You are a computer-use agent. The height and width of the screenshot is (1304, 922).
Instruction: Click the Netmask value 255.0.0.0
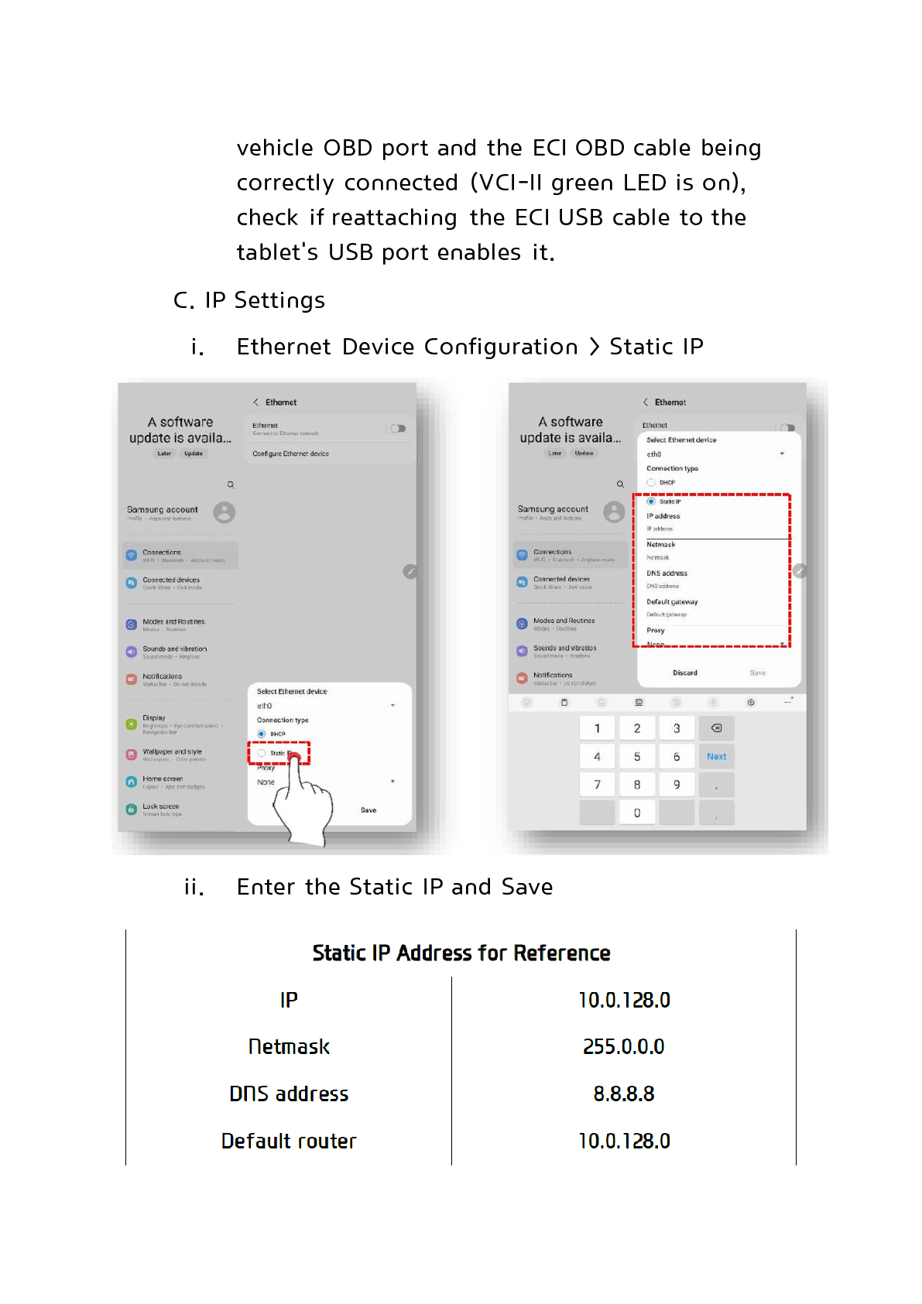(623, 1046)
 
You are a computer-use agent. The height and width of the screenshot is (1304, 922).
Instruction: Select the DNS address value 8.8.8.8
(623, 1094)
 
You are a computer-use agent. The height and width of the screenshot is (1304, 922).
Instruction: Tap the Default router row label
(289, 1141)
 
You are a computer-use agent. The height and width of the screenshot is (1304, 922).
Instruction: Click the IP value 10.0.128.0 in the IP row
(624, 1000)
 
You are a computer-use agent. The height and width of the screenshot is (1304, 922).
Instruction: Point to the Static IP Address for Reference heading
(461, 953)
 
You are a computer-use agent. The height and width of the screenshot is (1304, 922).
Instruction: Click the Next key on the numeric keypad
(716, 757)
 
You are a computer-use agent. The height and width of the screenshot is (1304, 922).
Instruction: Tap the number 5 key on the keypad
(637, 757)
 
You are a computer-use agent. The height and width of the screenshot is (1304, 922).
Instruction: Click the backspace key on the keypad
(716, 728)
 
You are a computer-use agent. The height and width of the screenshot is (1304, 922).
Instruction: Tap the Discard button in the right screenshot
(685, 673)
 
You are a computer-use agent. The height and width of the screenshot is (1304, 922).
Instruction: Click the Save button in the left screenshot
(368, 810)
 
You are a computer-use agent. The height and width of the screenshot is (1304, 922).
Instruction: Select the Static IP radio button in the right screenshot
(651, 501)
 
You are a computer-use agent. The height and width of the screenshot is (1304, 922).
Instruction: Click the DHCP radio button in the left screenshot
(262, 734)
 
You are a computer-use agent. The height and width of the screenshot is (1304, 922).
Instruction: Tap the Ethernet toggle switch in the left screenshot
(398, 429)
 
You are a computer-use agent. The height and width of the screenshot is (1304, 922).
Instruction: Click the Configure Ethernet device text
(290, 454)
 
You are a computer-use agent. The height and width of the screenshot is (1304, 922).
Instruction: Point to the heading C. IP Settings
(249, 300)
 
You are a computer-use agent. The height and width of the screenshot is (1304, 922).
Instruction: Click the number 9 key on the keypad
(677, 785)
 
